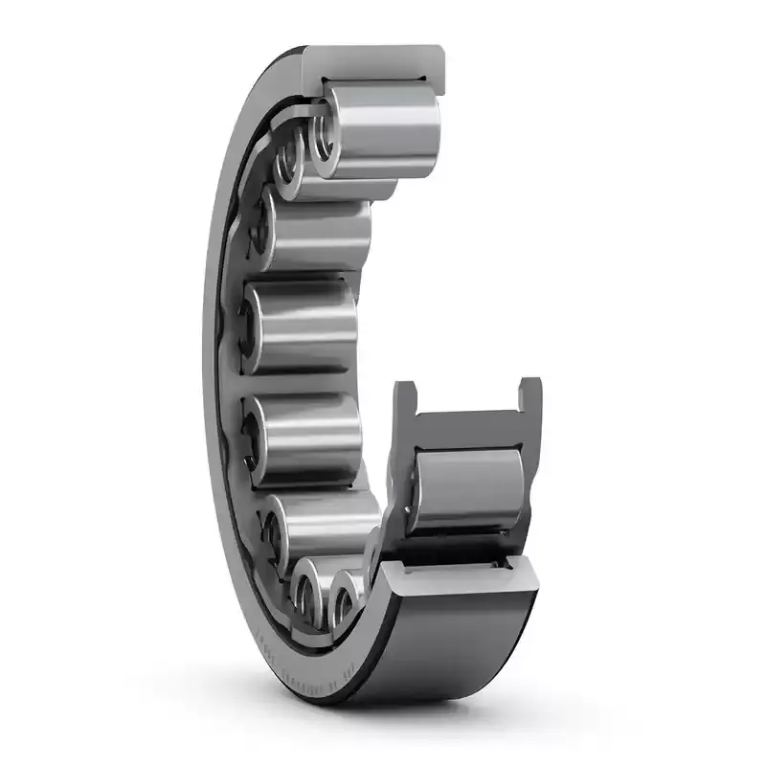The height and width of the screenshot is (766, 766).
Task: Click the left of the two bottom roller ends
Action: [308, 595]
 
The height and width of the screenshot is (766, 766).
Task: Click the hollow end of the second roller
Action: [289, 163]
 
